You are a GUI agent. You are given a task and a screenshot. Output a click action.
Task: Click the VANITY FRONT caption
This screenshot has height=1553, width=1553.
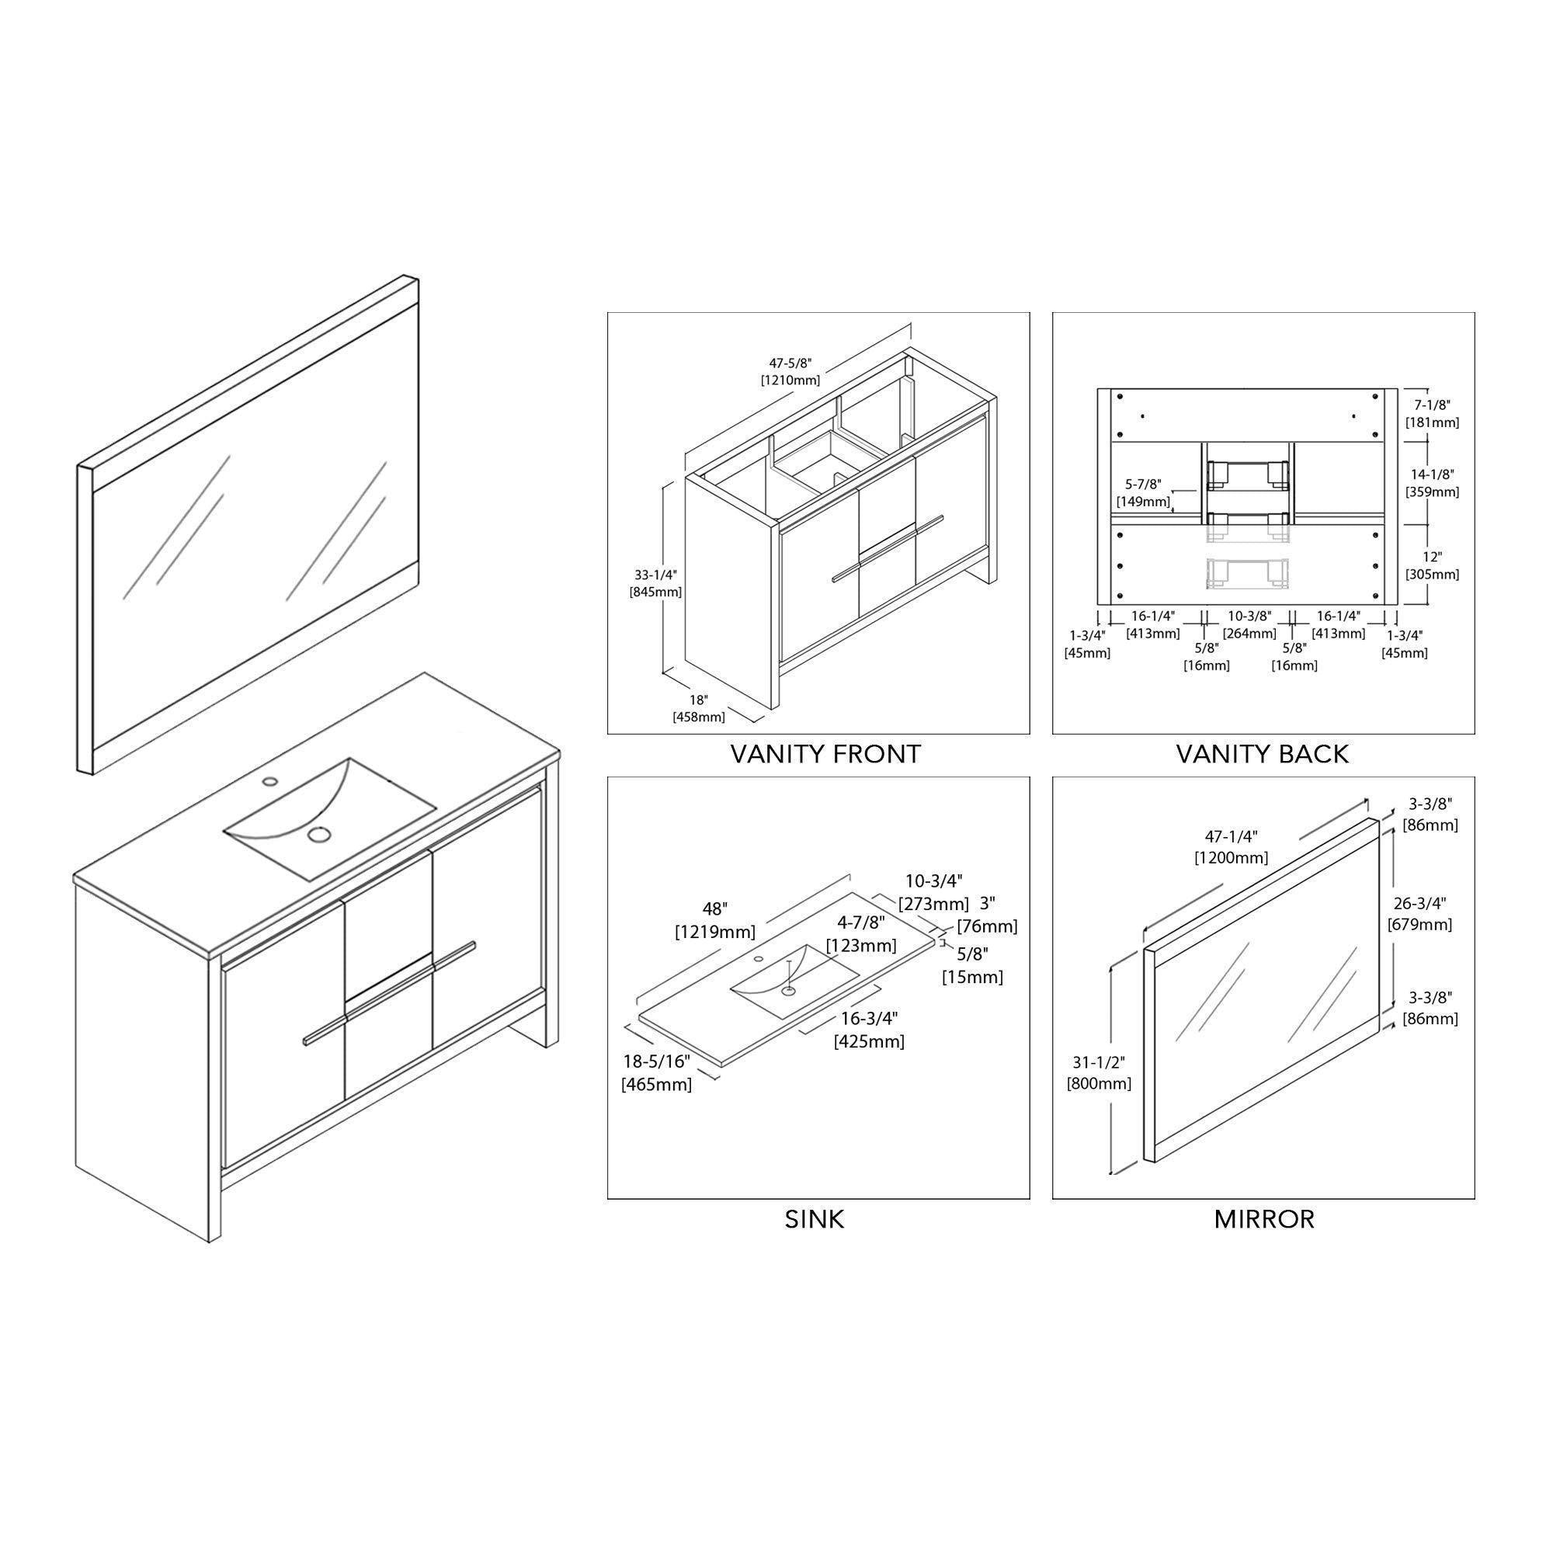tap(825, 754)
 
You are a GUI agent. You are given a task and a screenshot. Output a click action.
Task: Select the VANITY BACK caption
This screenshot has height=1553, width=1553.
tap(1262, 754)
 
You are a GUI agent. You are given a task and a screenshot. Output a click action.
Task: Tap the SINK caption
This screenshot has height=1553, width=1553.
tap(815, 1219)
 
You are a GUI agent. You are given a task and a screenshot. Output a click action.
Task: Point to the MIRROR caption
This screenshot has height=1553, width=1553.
tap(1263, 1219)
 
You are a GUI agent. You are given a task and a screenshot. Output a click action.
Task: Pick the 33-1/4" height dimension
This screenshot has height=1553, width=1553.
tap(655, 575)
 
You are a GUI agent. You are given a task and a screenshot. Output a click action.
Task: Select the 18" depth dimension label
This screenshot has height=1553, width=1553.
tap(698, 700)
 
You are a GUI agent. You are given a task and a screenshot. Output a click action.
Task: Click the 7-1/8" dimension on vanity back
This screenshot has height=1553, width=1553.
tap(1432, 405)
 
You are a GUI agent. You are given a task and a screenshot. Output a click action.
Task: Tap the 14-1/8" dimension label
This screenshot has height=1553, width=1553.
tap(1432, 475)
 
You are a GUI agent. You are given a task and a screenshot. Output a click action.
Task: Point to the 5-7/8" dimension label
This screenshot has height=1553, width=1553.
tap(1143, 485)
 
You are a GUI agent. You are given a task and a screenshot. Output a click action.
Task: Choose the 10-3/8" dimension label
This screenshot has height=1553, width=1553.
tap(1249, 616)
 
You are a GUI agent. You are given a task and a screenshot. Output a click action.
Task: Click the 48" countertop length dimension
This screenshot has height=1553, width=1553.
tap(714, 909)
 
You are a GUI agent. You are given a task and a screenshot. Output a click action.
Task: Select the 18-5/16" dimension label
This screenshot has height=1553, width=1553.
tap(656, 1061)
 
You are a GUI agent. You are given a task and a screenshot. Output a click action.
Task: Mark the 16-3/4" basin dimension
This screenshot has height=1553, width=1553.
tap(869, 1018)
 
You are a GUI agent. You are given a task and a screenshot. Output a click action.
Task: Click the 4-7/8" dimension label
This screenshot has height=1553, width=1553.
tap(861, 922)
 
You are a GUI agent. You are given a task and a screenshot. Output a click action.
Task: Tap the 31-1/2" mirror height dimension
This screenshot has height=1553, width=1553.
tap(1099, 1061)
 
